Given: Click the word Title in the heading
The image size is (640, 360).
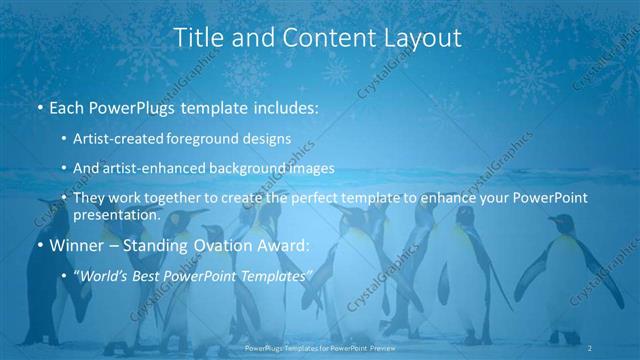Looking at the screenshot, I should point(197,38).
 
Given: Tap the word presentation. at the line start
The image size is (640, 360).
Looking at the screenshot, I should point(117,214).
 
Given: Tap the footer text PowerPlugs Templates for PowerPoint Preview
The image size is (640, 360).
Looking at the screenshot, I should point(320,347).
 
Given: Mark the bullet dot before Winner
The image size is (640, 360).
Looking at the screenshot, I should point(39,245).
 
